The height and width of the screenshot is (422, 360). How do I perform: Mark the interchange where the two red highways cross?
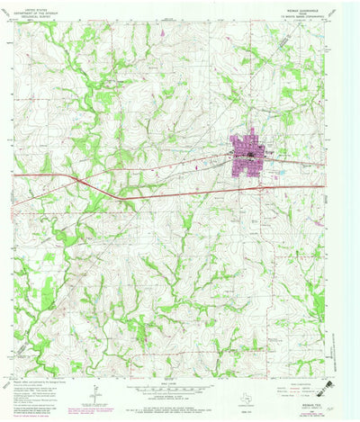coord(81,182)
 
